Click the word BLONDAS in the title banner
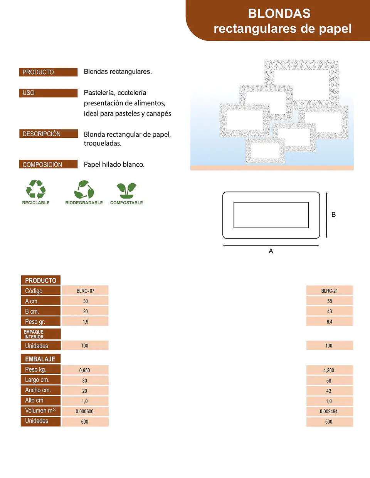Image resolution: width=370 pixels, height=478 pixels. coord(279,13)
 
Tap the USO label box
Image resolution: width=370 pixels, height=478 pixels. coord(48,93)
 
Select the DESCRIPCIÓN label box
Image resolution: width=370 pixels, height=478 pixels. coord(49,134)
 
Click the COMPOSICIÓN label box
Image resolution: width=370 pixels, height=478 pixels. coord(48,164)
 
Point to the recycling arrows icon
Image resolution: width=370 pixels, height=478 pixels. coord(36,189)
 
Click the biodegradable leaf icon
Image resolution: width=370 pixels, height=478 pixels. coord(84,189)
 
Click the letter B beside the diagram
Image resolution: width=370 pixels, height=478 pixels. coord(333,215)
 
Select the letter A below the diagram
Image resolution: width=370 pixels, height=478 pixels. coord(271,251)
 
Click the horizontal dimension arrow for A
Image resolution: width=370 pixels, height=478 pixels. coord(271,246)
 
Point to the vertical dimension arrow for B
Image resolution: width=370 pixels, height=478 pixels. coord(326,215)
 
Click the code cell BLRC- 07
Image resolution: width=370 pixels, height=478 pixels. coord(85,291)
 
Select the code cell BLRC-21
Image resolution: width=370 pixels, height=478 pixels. coord(330,291)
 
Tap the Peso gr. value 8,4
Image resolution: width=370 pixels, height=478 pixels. coord(330,322)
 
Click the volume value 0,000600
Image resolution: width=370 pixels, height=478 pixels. coord(85,411)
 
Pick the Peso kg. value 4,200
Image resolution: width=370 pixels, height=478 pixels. coord(329,371)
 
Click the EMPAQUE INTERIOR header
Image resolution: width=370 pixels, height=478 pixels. coord(41,334)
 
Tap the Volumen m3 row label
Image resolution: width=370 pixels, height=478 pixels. coord(41,411)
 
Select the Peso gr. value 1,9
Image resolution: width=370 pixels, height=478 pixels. coord(85,322)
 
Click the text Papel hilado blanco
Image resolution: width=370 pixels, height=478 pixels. coord(114,164)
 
